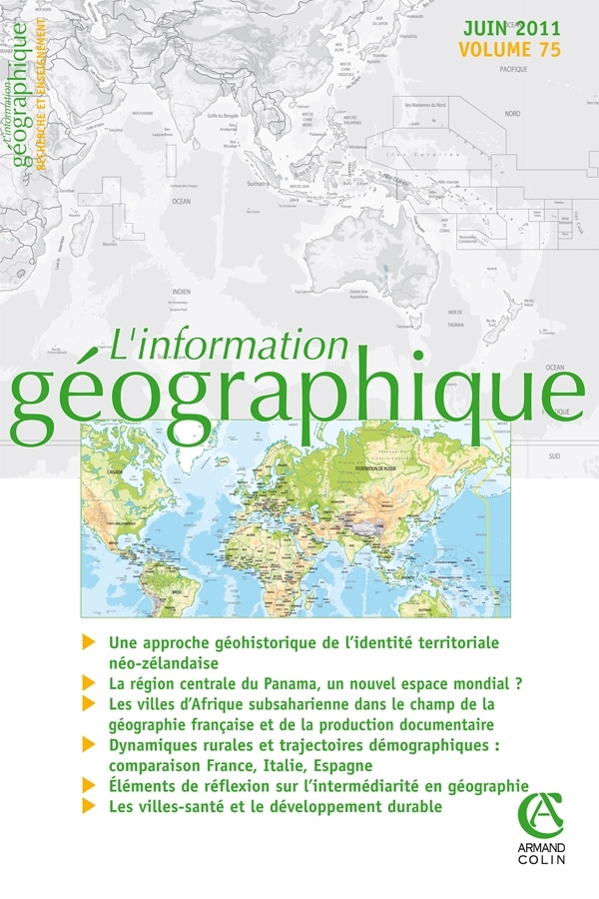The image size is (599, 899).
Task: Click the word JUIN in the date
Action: pyautogui.click(x=481, y=27)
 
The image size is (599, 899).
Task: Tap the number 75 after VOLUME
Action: pyautogui.click(x=546, y=49)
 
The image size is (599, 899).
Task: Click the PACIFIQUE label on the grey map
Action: pyautogui.click(x=511, y=70)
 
